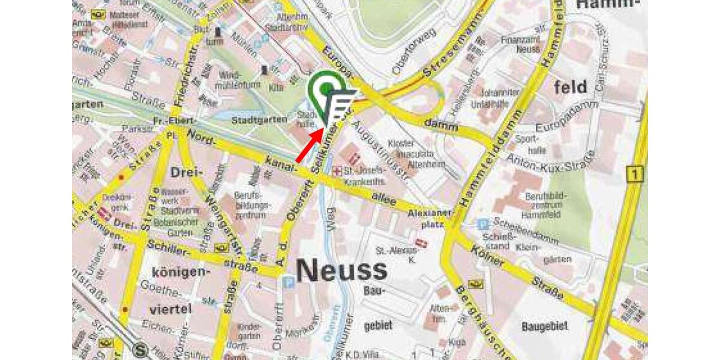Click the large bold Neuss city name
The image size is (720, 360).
pos(341,271)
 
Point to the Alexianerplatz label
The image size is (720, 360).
pos(428,218)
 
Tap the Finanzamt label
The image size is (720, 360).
pos(528,44)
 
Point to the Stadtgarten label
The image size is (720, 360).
pos(259,120)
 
